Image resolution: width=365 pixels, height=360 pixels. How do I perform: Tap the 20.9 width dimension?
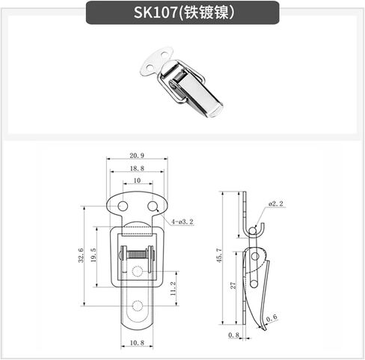(x=137, y=156)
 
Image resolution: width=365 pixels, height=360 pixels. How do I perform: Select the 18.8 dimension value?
(x=137, y=168)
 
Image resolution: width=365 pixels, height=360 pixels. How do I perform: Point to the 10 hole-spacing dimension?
(x=137, y=180)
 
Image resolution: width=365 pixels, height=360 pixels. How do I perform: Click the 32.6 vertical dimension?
(x=82, y=255)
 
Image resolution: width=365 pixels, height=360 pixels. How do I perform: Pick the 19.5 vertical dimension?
(x=93, y=255)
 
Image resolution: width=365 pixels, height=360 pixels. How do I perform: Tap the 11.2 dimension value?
(x=173, y=289)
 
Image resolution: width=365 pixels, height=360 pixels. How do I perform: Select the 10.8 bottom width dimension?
(x=137, y=343)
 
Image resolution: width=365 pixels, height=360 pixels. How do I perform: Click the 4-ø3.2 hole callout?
(x=182, y=222)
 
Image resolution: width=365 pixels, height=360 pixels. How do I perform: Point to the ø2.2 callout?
(x=276, y=204)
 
